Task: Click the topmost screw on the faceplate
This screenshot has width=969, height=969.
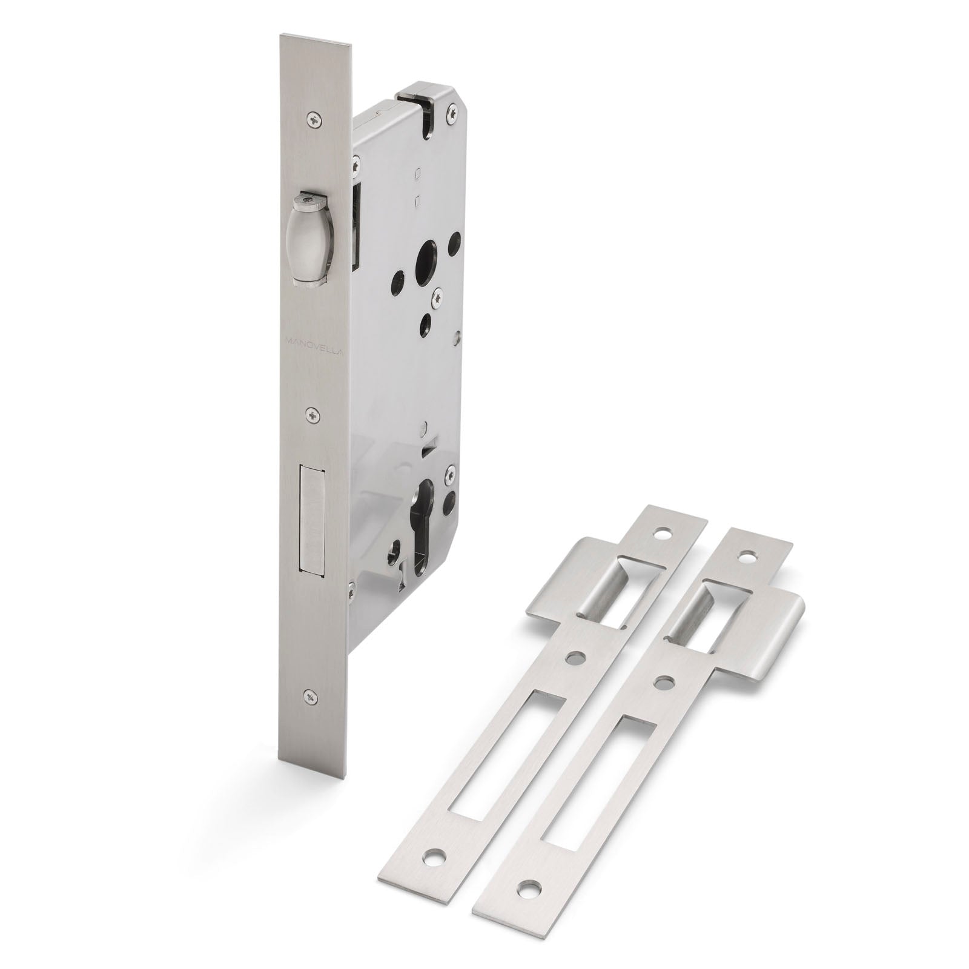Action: (x=313, y=121)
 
